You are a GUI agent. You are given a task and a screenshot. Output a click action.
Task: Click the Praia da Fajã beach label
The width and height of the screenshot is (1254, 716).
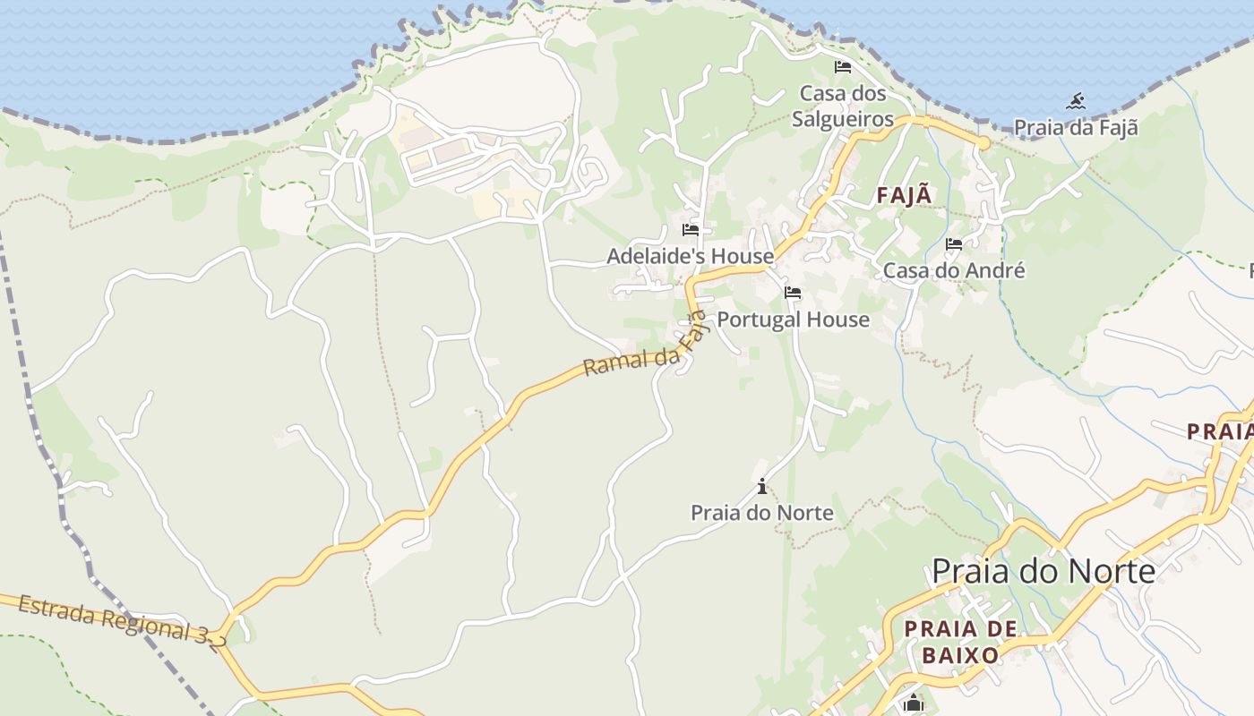point(1076,127)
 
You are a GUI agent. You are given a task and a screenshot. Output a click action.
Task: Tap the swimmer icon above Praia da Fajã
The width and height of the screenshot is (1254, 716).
point(1076,101)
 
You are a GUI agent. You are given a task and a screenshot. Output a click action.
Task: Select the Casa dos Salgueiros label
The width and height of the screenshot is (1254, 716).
point(842,106)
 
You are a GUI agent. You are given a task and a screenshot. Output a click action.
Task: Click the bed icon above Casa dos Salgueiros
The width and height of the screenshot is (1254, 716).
point(842,67)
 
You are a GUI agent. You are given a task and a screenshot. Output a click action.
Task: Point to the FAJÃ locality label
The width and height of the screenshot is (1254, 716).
point(904,195)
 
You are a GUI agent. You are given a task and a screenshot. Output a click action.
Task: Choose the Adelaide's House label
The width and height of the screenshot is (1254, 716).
point(690,256)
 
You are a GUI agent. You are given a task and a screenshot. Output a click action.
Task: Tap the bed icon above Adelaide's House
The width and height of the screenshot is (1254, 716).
point(690,230)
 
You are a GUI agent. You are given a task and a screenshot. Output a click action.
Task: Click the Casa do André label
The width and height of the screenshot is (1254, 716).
point(954,270)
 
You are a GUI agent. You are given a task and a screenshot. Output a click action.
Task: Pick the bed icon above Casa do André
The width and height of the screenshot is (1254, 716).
point(954,243)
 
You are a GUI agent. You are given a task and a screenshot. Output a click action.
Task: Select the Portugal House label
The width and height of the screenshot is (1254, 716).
point(793,320)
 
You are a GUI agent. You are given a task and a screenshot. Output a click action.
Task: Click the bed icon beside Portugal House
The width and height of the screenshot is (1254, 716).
point(792,293)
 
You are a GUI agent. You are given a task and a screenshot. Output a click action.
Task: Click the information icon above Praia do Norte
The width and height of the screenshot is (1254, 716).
point(761,486)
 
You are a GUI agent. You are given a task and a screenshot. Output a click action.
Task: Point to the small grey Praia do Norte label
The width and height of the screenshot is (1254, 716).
point(761,513)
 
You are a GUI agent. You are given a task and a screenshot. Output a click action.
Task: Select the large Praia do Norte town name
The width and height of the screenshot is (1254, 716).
point(1044,570)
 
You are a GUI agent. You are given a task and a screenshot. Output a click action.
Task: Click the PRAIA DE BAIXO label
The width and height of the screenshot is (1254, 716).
point(960,642)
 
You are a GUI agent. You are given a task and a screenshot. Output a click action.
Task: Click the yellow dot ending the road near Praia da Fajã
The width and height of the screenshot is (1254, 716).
point(983,143)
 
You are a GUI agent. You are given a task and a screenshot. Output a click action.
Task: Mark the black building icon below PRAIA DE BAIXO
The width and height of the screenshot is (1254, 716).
point(913,703)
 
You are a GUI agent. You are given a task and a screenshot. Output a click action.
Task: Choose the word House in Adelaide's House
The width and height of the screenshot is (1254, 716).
point(739,256)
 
